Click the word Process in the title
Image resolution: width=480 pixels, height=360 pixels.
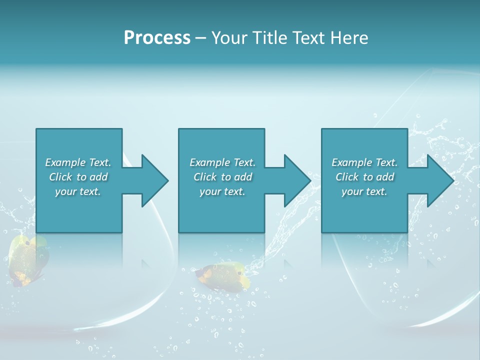coord(157,38)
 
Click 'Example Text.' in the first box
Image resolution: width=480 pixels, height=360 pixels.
coord(78,162)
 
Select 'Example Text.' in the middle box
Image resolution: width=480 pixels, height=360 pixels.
coord(222,162)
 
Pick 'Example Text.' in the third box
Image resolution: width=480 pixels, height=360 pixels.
coord(364,162)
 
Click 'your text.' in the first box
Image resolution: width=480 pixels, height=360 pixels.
coord(78,191)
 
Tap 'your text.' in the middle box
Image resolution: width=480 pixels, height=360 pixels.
coord(222,191)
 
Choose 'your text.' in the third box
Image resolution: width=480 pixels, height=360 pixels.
coord(364,191)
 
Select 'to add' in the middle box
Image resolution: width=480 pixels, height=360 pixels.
coord(236,177)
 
